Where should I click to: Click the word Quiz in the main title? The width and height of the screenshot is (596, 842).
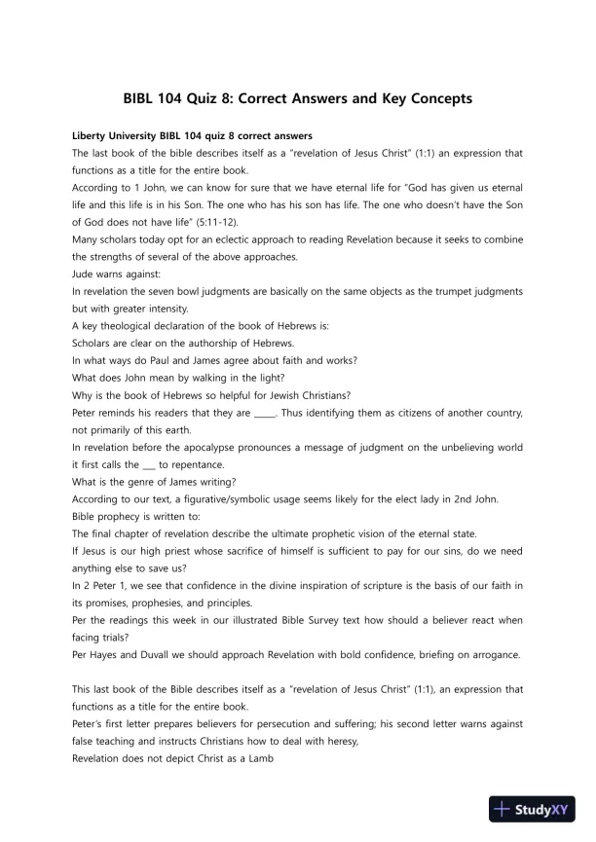(x=209, y=99)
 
